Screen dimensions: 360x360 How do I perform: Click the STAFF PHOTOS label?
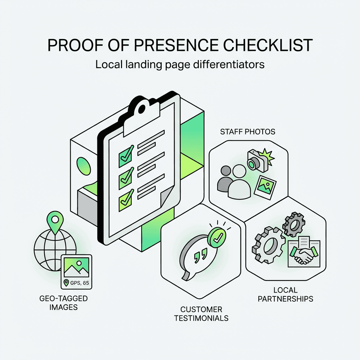[248, 132]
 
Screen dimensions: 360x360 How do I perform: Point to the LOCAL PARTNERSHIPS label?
[285, 295]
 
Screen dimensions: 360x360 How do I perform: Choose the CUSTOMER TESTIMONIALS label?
[204, 314]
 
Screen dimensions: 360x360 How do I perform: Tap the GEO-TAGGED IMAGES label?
[64, 303]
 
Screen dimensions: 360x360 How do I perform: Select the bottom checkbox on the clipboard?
[126, 200]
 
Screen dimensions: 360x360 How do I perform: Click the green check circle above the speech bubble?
[217, 237]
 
